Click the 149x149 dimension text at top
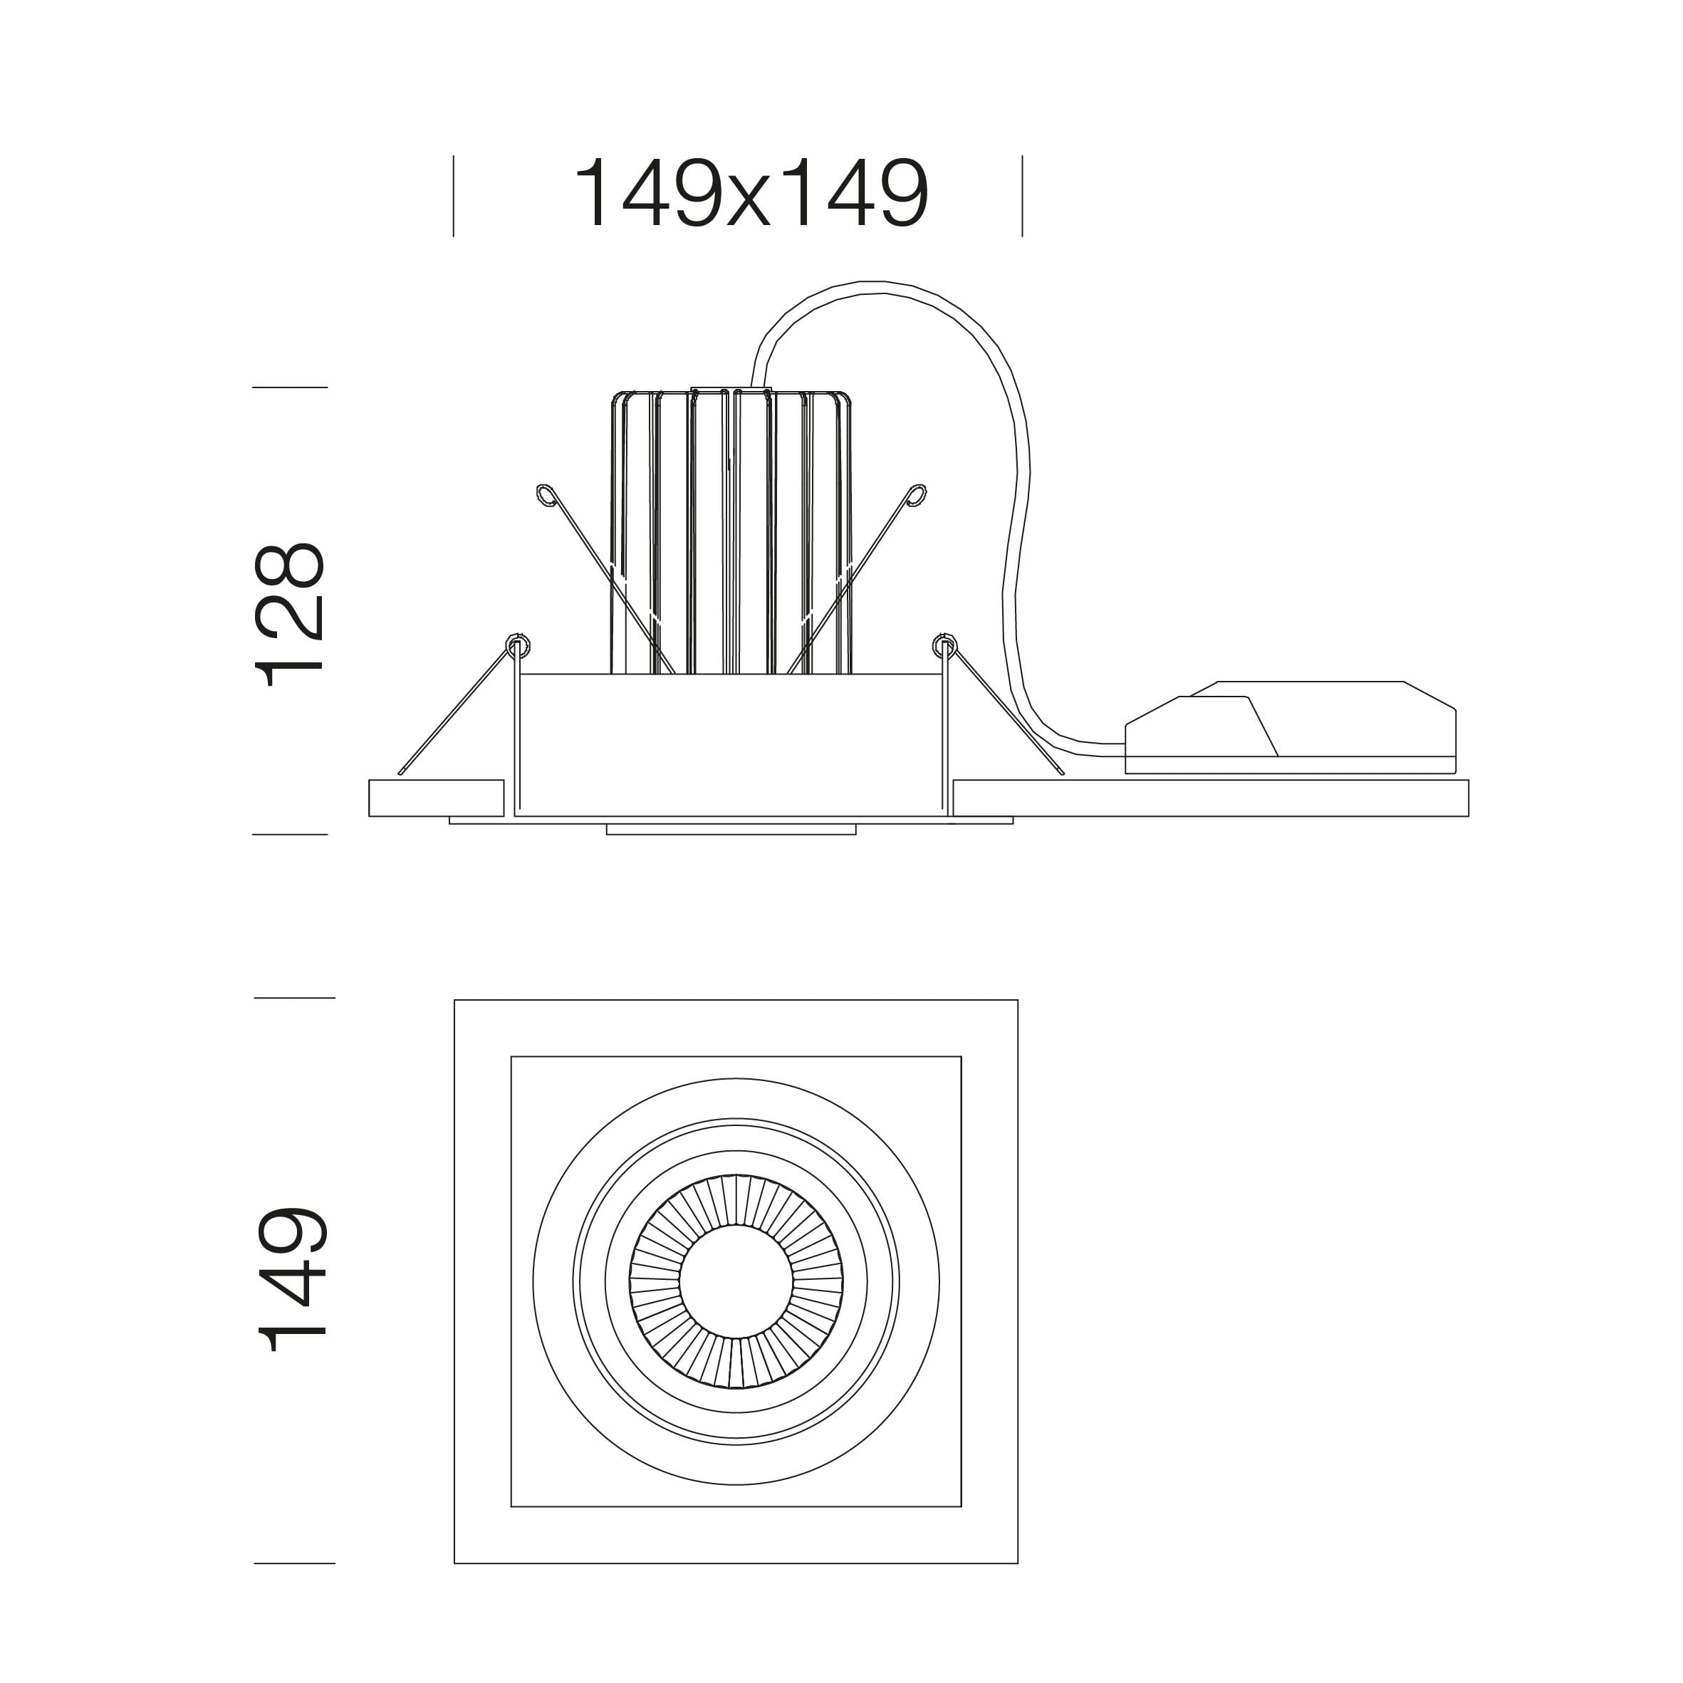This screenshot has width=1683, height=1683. tap(751, 194)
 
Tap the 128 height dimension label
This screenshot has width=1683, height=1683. tap(290, 614)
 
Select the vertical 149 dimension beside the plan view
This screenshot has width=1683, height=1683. tap(292, 1278)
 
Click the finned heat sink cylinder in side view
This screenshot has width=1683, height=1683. tap(731, 531)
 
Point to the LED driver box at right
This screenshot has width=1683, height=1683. tap(1290, 727)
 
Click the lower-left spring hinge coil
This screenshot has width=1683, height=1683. tap(519, 645)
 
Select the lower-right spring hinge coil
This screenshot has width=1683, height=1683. tap(944, 645)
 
